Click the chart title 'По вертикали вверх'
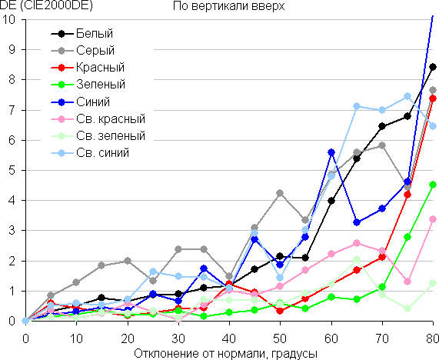click(x=228, y=6)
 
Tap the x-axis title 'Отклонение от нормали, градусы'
click(x=226, y=354)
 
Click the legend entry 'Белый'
click(x=82, y=33)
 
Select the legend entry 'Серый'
click(x=83, y=51)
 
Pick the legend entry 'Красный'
click(x=88, y=68)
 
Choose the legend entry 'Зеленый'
click(x=88, y=85)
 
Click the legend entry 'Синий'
click(x=81, y=102)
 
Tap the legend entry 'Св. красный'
click(x=98, y=118)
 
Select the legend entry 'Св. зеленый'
click(x=98, y=136)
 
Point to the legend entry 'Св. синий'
click(x=90, y=153)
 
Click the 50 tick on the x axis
click(x=280, y=338)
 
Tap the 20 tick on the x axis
click(x=128, y=338)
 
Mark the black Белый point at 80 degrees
click(x=433, y=67)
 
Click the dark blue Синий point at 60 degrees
click(x=331, y=152)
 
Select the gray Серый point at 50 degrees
click(x=280, y=193)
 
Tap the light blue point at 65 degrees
click(x=357, y=106)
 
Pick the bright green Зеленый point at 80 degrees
click(x=433, y=185)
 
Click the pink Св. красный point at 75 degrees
click(x=407, y=282)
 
